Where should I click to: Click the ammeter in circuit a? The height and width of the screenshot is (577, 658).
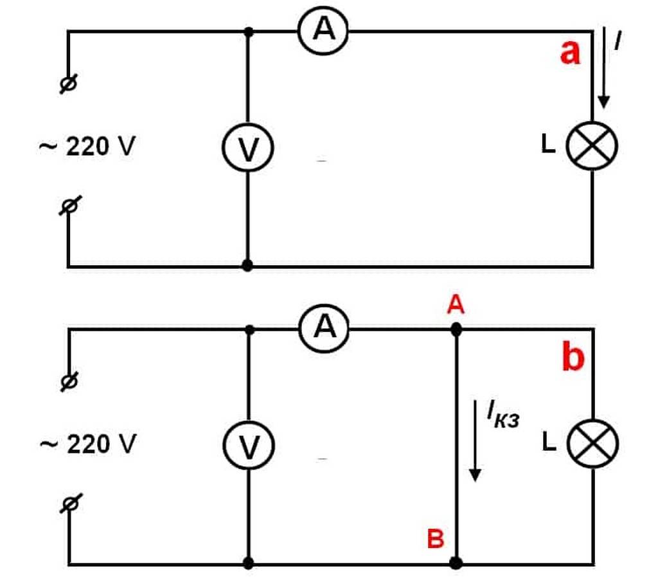click(323, 31)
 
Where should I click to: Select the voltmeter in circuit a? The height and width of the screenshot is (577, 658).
click(248, 149)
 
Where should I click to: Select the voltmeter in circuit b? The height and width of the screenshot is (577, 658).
click(248, 446)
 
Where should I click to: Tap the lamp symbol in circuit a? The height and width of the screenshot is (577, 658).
click(592, 146)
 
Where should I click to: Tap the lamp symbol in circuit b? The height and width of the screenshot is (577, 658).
click(592, 444)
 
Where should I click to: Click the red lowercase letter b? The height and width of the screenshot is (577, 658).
click(573, 358)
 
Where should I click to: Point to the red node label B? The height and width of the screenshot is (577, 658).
click(436, 538)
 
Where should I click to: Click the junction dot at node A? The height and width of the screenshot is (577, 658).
click(456, 330)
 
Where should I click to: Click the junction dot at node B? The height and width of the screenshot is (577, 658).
click(456, 563)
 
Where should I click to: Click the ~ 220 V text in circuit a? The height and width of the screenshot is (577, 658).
click(87, 147)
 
